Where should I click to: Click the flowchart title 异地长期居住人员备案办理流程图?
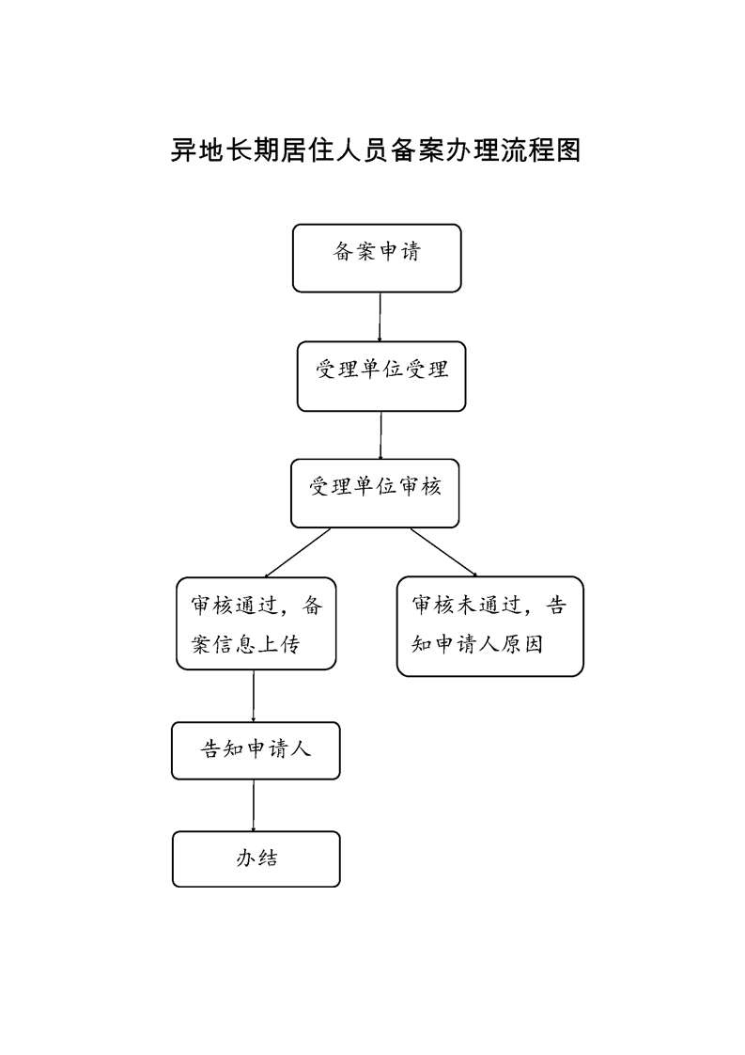coord(375,150)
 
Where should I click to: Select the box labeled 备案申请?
coord(377,259)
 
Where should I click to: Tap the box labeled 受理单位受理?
coord(381,376)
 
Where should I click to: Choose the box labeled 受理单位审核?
coord(375,494)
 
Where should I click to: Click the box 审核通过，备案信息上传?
coord(256,623)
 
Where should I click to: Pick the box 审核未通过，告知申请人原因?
coord(490,626)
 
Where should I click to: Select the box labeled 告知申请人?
coord(256,751)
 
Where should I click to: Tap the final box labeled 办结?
coord(256,859)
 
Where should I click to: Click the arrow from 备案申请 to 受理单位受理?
coord(380,317)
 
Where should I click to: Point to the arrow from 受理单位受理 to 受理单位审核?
coord(380,435)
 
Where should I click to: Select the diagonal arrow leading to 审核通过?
coord(298,553)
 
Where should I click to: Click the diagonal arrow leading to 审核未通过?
coord(443,552)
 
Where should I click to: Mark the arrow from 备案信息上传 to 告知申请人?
coord(254,696)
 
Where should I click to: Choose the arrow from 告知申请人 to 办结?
coord(254,806)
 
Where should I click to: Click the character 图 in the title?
coord(567,150)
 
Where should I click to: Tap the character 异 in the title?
coord(183,150)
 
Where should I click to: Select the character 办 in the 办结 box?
coord(245,858)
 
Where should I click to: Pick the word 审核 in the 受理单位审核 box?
coord(420,486)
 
